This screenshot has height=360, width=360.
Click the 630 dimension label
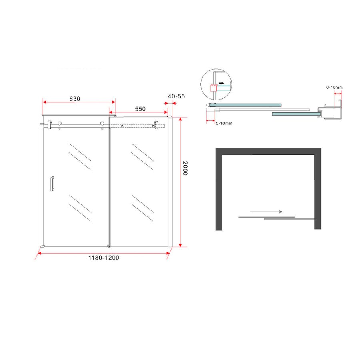pyautogui.click(x=74, y=98)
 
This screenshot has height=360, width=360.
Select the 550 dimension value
pyautogui.click(x=140, y=109)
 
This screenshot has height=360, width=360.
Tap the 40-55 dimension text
pyautogui.click(x=176, y=96)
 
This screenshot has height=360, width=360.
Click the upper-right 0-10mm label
pyautogui.click(x=334, y=87)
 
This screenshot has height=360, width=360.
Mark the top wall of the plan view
pyautogui.click(x=268, y=152)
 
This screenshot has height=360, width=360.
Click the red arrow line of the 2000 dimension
pyautogui.click(x=181, y=182)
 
